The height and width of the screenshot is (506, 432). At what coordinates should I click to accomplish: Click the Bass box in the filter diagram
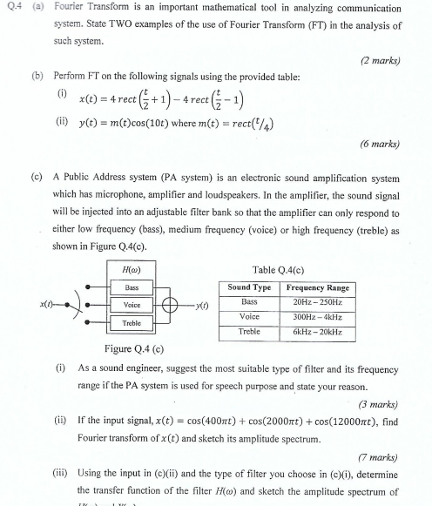click(132, 287)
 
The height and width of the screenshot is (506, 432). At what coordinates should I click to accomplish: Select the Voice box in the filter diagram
click(132, 305)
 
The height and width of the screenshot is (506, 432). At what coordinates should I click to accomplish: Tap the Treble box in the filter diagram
click(132, 323)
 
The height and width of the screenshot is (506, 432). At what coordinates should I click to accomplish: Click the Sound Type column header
click(249, 287)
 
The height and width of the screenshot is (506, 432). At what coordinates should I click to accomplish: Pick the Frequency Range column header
click(317, 287)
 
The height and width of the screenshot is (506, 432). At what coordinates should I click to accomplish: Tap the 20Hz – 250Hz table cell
click(317, 301)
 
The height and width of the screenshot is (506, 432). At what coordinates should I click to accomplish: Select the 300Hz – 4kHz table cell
click(317, 317)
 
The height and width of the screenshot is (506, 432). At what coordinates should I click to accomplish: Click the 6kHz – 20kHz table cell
click(317, 332)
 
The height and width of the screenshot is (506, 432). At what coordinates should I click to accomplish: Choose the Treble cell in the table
click(249, 332)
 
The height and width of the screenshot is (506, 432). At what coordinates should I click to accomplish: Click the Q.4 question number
click(12, 7)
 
